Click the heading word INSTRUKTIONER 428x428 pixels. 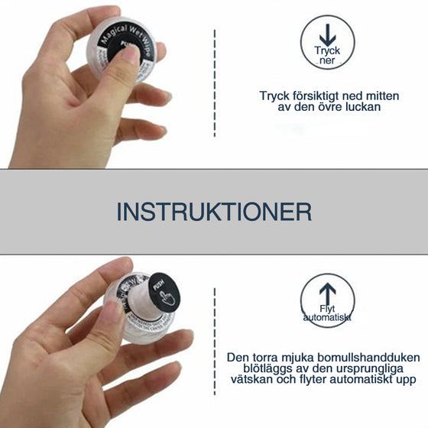click(x=214, y=212)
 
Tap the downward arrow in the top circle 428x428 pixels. click(x=327, y=35)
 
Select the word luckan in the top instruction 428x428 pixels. click(x=363, y=108)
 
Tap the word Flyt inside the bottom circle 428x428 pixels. click(x=327, y=307)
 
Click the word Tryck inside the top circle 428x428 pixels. click(x=327, y=51)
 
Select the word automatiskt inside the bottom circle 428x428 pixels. click(x=327, y=317)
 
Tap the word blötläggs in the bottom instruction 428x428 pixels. click(x=252, y=368)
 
